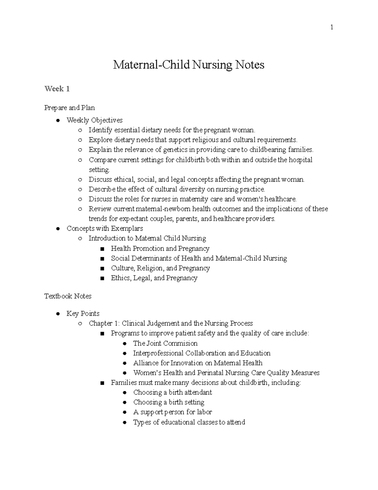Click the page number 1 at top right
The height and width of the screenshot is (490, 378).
(x=331, y=27)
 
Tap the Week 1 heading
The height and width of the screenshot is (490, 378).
(x=57, y=89)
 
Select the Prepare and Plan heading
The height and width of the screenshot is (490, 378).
(x=70, y=108)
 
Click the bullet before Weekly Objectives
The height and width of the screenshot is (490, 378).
(x=58, y=120)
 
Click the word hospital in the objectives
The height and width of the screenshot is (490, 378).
(x=301, y=160)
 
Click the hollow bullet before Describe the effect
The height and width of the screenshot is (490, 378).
(x=80, y=190)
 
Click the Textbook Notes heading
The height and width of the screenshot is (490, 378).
(x=68, y=296)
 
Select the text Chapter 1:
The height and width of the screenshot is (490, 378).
(x=104, y=323)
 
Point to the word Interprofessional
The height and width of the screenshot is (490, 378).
(x=158, y=353)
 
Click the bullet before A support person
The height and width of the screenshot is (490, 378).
(x=125, y=412)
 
